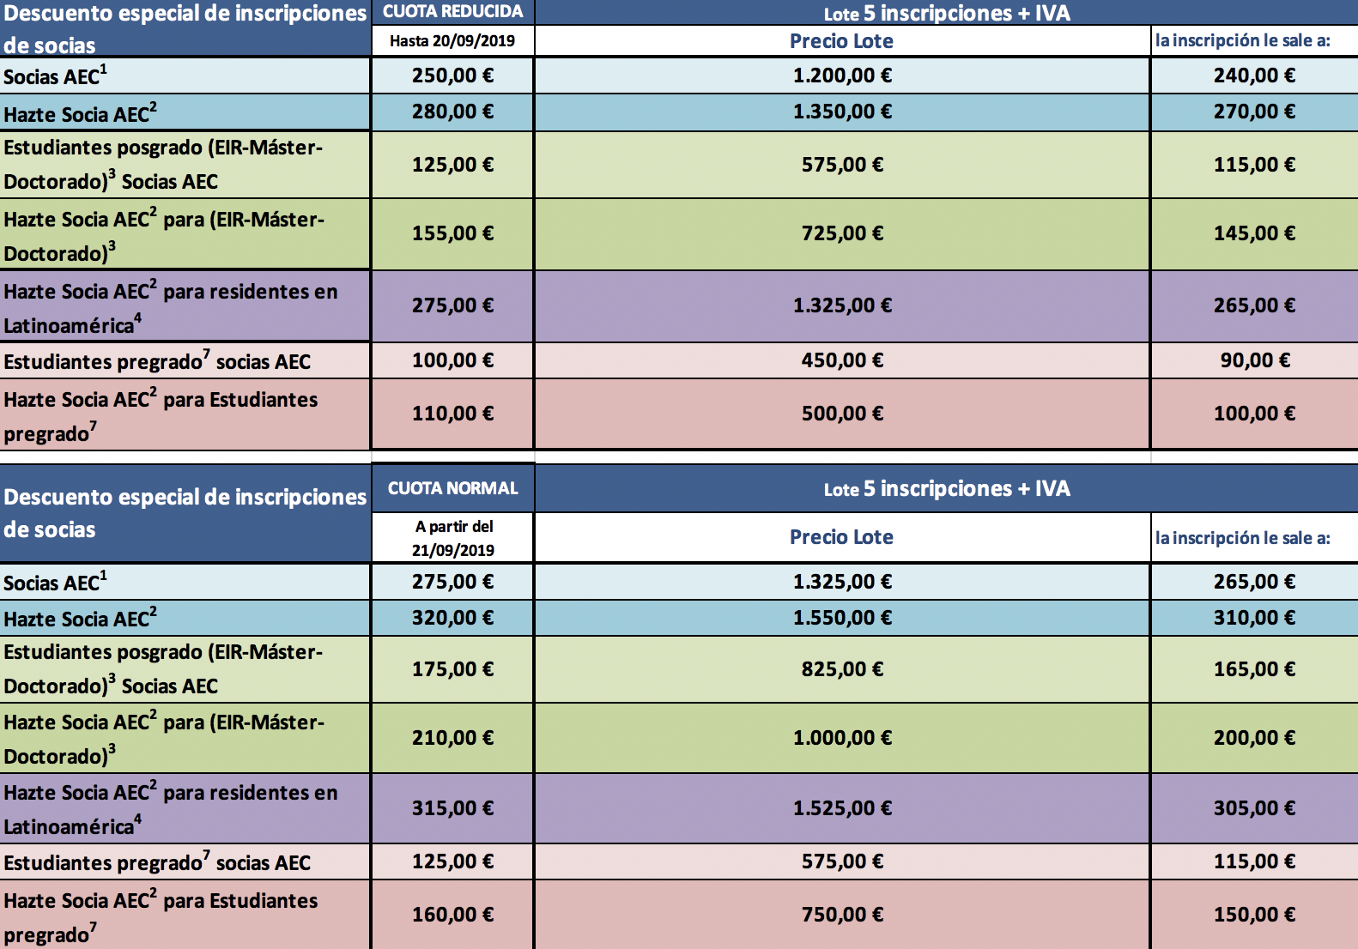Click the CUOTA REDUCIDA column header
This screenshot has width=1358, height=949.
tap(453, 11)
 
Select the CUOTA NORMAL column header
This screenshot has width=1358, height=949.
tap(453, 488)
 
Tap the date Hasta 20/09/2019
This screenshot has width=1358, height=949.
tap(452, 41)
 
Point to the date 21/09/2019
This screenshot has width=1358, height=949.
tap(453, 550)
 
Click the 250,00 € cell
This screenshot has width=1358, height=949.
tap(453, 76)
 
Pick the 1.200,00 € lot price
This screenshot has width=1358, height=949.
tap(843, 76)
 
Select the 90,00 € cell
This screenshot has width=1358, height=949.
tap(1255, 360)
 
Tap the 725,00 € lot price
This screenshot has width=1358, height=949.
tap(843, 233)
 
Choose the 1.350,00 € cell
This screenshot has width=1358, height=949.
tap(843, 112)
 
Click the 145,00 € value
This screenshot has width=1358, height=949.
tap(1255, 233)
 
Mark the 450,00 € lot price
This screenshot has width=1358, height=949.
tap(843, 360)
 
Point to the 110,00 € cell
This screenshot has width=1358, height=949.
tap(453, 414)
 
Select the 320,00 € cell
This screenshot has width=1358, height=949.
tap(453, 618)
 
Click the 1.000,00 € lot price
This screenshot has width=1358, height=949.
tap(843, 738)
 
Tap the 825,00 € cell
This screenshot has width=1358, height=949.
tap(843, 669)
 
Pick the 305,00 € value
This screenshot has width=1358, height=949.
tap(1255, 807)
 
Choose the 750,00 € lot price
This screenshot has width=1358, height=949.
tap(843, 915)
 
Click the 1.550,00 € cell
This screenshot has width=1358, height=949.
tap(843, 618)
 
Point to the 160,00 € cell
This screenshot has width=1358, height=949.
tap(453, 915)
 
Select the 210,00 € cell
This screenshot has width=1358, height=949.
tap(453, 738)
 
